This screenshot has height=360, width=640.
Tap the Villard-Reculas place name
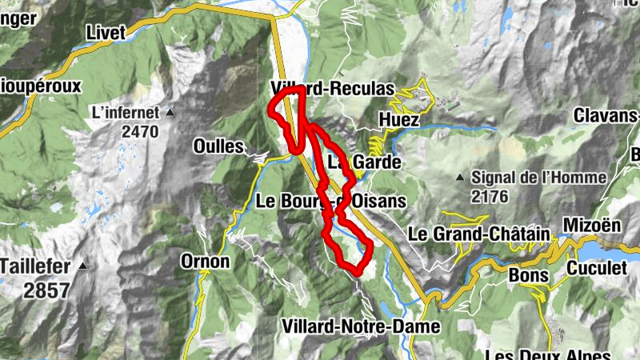[333, 88]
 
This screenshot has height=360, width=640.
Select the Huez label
[398, 119]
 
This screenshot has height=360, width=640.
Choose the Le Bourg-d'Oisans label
[330, 201]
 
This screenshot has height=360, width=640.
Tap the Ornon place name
[205, 262]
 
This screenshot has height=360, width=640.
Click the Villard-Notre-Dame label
[361, 326]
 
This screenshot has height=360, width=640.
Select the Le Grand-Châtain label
[479, 235]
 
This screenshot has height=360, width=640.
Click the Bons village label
[527, 275]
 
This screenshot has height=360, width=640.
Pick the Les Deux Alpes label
[548, 354]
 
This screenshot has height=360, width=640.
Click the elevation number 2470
[142, 130]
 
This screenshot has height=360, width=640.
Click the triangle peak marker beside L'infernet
[170, 113]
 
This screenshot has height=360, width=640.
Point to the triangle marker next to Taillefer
[84, 266]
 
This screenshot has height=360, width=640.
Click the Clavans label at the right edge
[606, 115]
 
